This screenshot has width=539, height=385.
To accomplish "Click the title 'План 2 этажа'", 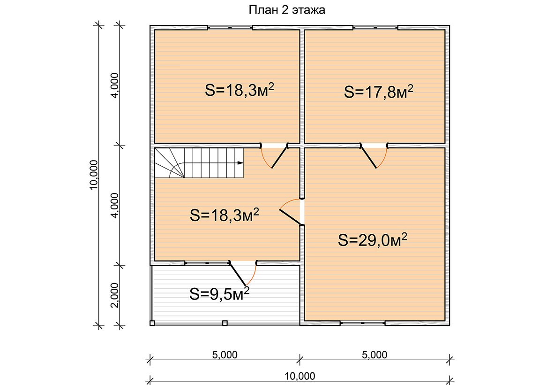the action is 287,10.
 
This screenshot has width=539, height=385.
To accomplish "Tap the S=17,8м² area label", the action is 378,92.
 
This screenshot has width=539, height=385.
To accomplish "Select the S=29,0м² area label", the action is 373,239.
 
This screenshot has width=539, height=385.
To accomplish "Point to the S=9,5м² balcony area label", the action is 219,294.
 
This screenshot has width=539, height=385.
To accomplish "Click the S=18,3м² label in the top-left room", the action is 240,90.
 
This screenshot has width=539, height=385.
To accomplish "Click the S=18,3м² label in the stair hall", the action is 225,215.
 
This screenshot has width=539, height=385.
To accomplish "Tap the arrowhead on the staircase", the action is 240,162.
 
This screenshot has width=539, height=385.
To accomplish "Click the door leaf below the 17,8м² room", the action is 368,157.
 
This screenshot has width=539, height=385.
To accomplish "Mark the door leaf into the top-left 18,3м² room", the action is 279,157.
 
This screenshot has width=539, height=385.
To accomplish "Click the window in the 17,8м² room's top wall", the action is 375,28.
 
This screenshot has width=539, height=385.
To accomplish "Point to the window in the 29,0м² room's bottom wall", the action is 363,323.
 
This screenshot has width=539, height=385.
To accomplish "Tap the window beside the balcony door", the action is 207,263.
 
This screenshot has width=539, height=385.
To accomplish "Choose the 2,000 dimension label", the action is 115,295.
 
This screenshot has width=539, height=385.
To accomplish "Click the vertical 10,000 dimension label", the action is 94,175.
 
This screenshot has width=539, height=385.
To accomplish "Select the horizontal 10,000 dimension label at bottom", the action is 300,376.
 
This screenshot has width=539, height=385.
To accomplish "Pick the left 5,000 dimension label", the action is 225,354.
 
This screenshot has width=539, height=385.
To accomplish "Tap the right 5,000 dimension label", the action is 374,354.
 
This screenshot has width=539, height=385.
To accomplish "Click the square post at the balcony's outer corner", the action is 152,323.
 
